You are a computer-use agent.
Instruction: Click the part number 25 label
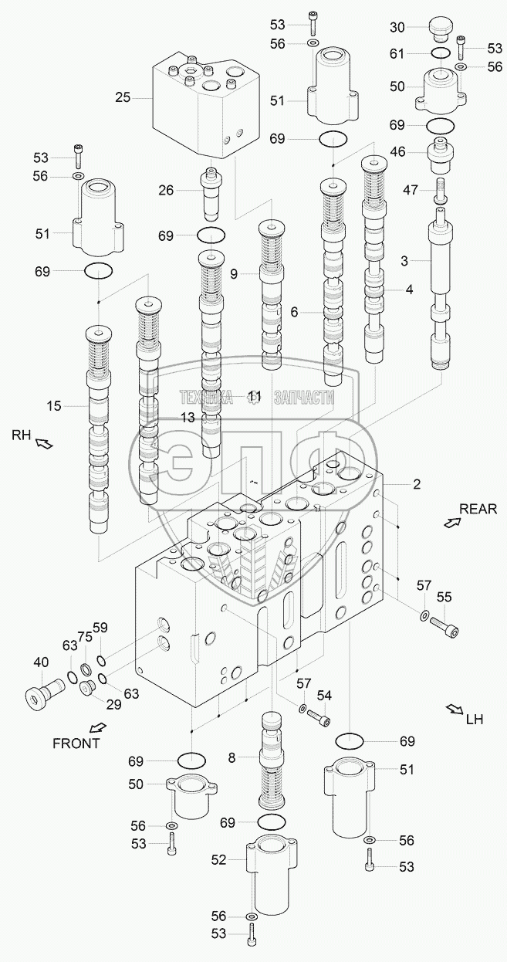coord(123,98)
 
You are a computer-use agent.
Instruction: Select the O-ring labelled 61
coord(440,53)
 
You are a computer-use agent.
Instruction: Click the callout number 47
coord(411,190)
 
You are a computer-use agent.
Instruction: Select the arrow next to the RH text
coord(44,442)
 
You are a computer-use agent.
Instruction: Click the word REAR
coord(478,509)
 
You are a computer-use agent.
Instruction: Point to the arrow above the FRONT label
coord(98,727)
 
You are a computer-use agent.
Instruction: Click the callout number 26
coord(166,190)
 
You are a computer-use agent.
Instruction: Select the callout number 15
coord(54,406)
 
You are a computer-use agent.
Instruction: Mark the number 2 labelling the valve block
coord(417,484)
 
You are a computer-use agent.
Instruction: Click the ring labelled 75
coord(86,669)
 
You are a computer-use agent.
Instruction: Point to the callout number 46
coord(398,151)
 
